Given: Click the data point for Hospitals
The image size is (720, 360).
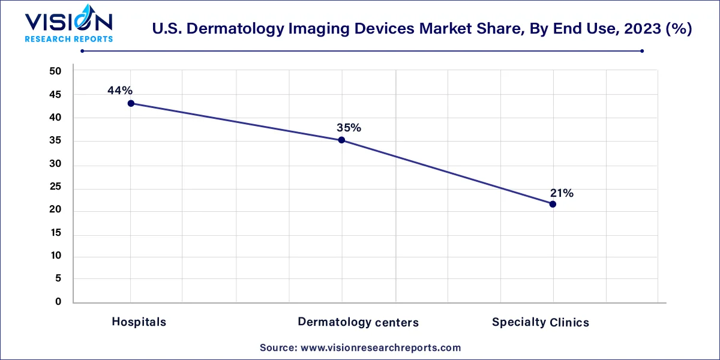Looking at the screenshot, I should click(x=131, y=103).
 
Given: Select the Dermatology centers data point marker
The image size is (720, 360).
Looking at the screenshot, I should click(x=341, y=140).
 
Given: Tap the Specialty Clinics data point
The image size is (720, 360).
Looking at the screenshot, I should click(x=553, y=204).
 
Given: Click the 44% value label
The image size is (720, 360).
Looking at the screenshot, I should click(x=120, y=91).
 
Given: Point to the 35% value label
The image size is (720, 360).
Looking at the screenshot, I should click(x=349, y=128).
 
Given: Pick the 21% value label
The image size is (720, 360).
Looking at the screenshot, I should click(x=562, y=193).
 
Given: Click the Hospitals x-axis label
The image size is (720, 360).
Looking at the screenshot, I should click(x=139, y=322).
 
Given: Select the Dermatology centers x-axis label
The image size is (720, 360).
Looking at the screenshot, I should click(x=358, y=322).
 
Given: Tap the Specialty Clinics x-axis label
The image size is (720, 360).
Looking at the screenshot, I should click(x=541, y=322).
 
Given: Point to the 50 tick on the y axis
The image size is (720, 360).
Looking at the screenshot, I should click(x=55, y=71).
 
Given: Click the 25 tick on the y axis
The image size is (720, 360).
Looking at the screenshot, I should click(x=55, y=188).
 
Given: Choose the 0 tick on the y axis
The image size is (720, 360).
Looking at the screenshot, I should click(x=58, y=302).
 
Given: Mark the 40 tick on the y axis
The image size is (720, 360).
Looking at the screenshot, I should click(x=55, y=118).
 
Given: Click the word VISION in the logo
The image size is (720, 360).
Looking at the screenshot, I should click(x=68, y=22).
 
